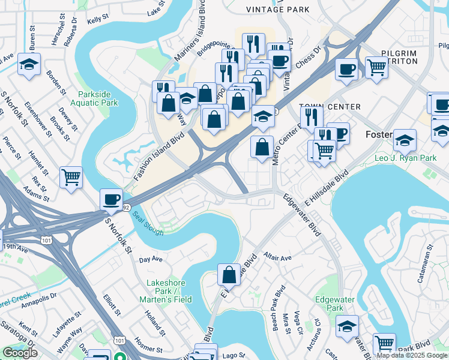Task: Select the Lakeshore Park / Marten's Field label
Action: pyautogui.click(x=169, y=291)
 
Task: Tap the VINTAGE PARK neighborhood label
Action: pyautogui.click(x=278, y=10)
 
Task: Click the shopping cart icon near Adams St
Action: pyautogui.click(x=71, y=177)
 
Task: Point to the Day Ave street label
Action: pyautogui.click(x=151, y=260)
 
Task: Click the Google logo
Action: pyautogui.click(x=20, y=353)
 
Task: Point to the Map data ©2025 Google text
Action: pyautogui.click(x=412, y=355)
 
